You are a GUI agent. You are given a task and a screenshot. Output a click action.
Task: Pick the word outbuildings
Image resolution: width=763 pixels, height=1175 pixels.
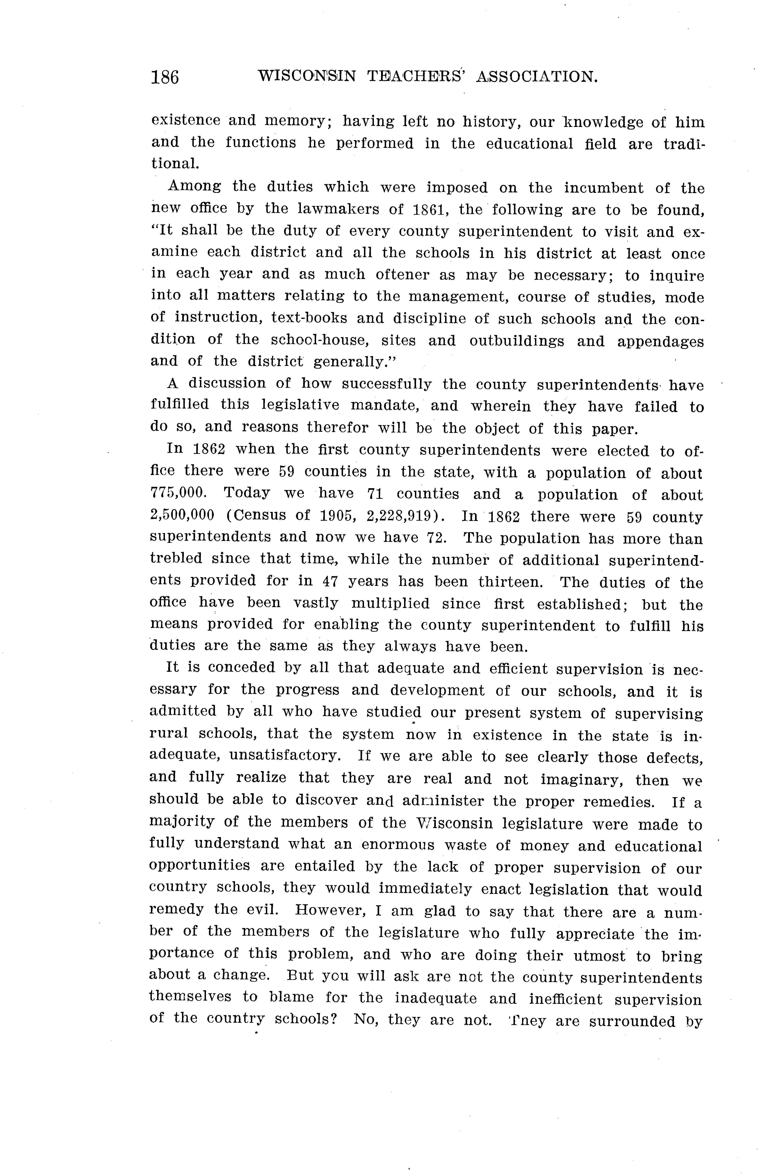(x=516, y=341)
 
